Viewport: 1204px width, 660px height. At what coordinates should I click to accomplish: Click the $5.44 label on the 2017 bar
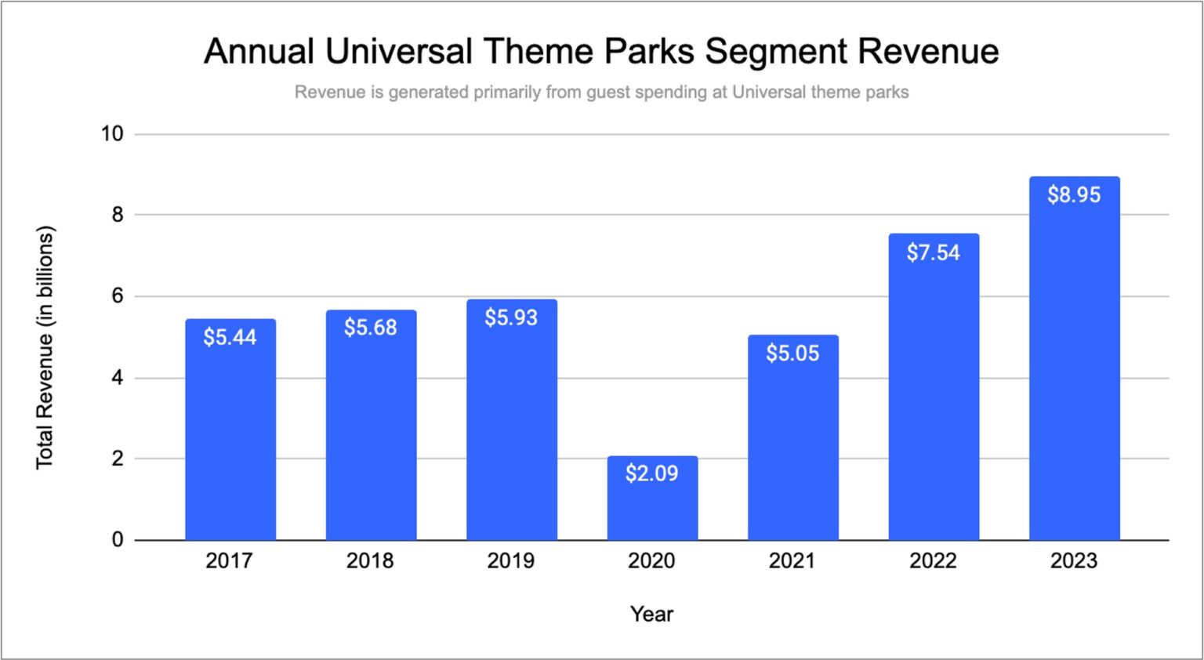point(230,337)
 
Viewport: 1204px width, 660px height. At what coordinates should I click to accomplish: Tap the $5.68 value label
point(370,327)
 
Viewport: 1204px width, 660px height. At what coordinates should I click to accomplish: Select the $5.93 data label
point(511,317)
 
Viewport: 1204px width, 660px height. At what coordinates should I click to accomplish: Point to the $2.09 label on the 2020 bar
point(651,473)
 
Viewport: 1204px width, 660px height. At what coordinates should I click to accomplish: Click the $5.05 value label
point(792,354)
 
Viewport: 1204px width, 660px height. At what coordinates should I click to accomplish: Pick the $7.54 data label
point(933,252)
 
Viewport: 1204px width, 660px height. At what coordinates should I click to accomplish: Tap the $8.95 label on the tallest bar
point(1074,194)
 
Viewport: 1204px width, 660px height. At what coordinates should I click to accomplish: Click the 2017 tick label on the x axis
point(229,561)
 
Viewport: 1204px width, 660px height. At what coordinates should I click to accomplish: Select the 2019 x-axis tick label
point(510,561)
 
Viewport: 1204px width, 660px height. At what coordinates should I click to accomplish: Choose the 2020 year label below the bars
point(651,561)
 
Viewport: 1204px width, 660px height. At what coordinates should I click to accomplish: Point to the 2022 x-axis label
point(933,561)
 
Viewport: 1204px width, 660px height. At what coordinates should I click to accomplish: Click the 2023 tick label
point(1074,561)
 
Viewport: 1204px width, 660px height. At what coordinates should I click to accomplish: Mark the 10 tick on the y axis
point(112,134)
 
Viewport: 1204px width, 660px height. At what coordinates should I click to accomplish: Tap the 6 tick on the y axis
point(118,296)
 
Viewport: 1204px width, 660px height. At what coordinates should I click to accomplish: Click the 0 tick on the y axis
point(118,540)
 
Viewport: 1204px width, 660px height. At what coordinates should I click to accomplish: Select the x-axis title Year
point(651,615)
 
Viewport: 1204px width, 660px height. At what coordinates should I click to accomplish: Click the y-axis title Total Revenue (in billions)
point(45,348)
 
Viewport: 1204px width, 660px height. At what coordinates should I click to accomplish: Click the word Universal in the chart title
point(398,52)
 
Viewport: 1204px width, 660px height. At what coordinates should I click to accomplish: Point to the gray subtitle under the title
point(601,92)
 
